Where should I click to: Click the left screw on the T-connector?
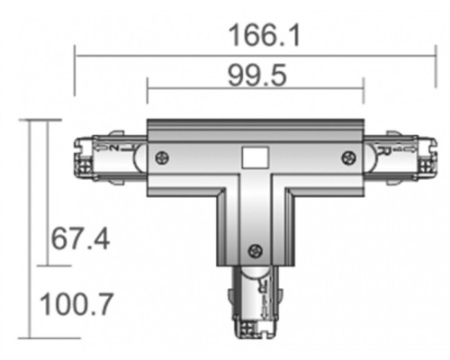pyautogui.click(x=162, y=158)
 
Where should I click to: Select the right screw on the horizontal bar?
pyautogui.click(x=347, y=158)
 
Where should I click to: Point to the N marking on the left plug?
pyautogui.click(x=113, y=144)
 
